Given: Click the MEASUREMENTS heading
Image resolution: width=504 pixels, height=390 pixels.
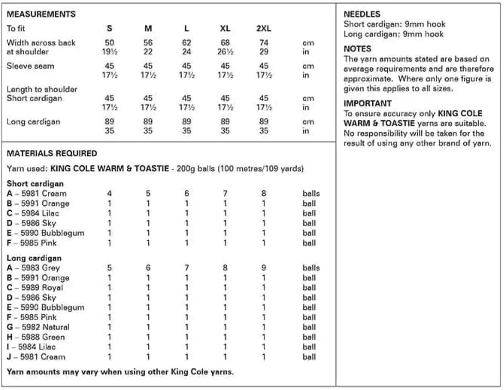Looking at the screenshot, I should click(41, 14).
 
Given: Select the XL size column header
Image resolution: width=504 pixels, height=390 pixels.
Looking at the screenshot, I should click(225, 29).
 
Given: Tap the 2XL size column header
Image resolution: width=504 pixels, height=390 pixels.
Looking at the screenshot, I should click(264, 29).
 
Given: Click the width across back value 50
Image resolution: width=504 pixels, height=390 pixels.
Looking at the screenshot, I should click(110, 43).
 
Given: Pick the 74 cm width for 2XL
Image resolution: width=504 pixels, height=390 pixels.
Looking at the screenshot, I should click(264, 43).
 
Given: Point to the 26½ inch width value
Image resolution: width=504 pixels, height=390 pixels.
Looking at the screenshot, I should click(225, 52).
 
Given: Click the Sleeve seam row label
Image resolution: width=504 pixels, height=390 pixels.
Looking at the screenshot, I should click(30, 66).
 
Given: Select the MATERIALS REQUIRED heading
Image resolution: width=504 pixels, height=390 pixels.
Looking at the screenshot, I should click(52, 153).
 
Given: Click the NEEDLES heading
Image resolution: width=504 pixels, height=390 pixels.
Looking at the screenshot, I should click(362, 14).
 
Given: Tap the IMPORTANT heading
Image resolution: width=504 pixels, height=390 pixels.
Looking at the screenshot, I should click(367, 103).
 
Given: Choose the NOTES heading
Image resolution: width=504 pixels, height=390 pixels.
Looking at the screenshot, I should click(358, 49).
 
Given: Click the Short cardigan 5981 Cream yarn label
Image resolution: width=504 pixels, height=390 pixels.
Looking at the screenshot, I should click(37, 193).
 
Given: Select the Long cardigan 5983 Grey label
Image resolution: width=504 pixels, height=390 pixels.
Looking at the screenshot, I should click(33, 268).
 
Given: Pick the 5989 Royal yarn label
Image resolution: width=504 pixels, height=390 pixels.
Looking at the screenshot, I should click(35, 288).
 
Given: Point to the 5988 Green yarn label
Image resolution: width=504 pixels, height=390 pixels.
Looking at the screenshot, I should click(36, 337).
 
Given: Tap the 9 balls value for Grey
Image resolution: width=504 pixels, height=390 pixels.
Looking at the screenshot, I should click(264, 268).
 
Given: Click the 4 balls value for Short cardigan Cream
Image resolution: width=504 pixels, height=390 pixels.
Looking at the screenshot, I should click(110, 193).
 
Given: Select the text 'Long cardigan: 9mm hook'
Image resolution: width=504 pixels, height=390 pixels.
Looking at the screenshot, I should click(393, 34).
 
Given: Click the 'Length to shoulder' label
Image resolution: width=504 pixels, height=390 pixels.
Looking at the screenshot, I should click(42, 90).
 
